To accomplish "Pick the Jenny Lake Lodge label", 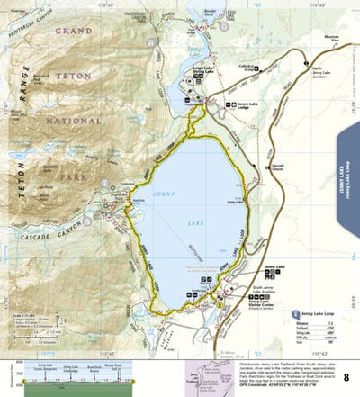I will (x=229, y=106).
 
